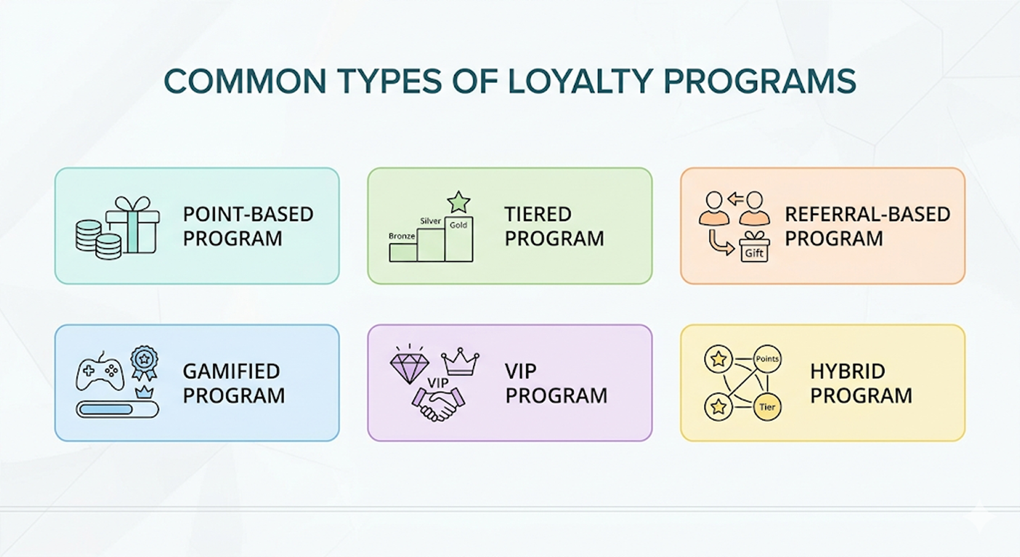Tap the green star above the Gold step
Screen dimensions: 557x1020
pyautogui.click(x=459, y=202)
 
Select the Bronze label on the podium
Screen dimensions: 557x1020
pyautogui.click(x=402, y=236)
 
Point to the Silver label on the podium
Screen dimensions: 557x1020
pyautogui.click(x=430, y=221)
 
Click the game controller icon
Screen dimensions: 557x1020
pyautogui.click(x=100, y=372)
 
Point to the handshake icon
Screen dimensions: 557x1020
pyautogui.click(x=438, y=405)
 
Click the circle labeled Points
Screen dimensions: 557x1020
pyautogui.click(x=767, y=358)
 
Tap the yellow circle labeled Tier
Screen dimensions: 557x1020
pyautogui.click(x=767, y=407)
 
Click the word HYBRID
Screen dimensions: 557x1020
pyautogui.click(x=847, y=371)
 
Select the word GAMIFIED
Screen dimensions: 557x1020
pyautogui.click(x=231, y=371)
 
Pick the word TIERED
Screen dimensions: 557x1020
pyautogui.click(x=538, y=215)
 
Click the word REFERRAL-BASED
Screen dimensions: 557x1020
pyautogui.click(x=868, y=215)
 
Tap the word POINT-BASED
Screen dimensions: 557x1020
pyautogui.click(x=248, y=215)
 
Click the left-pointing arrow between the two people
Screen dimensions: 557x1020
pyautogui.click(x=735, y=199)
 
